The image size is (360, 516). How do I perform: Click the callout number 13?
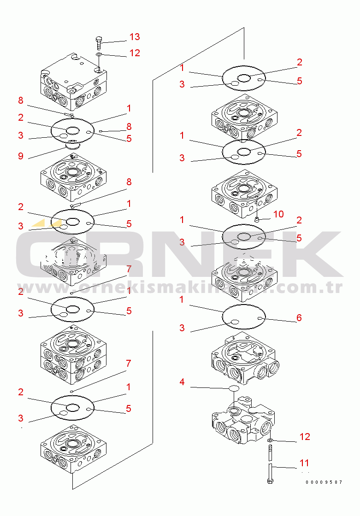pos(135,36)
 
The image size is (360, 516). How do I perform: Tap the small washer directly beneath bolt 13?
pos(99,54)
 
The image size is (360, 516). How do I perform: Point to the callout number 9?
pos(21,156)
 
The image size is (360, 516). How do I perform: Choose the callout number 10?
pos(278,214)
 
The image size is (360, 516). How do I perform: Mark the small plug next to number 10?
pos(257,218)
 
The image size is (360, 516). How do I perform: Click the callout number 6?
pos(299,317)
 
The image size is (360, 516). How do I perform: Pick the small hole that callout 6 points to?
pos(260,318)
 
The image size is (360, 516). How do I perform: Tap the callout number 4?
pos(182,382)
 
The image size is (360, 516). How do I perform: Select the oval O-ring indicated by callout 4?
pos(234,388)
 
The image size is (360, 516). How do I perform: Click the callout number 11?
pos(304,463)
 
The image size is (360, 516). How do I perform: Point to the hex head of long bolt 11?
pos(270,481)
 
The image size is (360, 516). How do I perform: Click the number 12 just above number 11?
pos(305,436)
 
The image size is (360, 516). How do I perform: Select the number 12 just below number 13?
pos(135,53)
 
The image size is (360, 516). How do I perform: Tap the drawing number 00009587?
pos(324,482)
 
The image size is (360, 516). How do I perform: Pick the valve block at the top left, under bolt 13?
pos(73,81)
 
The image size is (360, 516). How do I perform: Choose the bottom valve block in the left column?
pos(73,450)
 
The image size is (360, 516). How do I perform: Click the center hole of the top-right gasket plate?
pos(244,78)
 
